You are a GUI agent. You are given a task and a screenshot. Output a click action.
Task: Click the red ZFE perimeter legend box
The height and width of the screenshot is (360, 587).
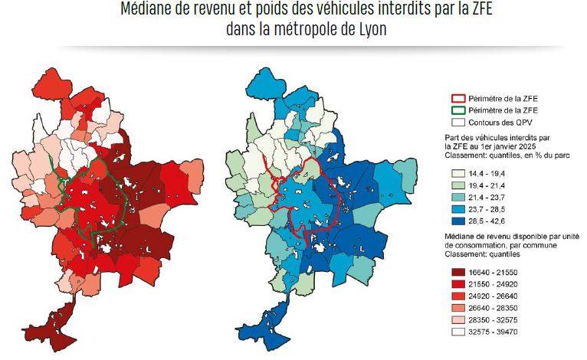(x=458, y=99)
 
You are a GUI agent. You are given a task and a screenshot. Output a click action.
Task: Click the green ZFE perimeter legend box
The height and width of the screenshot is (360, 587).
(x=458, y=110)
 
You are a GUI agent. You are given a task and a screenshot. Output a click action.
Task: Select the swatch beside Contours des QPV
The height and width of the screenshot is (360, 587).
(x=458, y=123)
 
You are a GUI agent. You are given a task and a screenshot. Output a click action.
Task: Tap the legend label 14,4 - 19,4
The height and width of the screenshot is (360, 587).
(x=487, y=174)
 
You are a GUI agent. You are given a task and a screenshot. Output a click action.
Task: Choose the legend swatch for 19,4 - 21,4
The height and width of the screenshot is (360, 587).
(x=458, y=185)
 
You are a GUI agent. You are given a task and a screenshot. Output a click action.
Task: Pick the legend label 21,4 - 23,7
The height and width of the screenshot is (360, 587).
(x=487, y=198)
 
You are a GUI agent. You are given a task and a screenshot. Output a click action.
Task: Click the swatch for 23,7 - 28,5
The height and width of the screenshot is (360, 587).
(x=458, y=209)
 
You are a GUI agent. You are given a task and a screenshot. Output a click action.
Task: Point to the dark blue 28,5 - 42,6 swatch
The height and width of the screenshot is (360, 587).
(x=458, y=221)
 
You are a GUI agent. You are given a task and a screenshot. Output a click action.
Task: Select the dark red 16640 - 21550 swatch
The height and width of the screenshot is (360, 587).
(x=458, y=273)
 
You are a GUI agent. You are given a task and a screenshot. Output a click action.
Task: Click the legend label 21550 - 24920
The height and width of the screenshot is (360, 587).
(x=493, y=284)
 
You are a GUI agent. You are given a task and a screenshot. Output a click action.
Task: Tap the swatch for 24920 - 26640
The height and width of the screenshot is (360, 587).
(x=458, y=296)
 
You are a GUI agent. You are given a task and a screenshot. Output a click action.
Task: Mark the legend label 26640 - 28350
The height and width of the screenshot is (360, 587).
(x=493, y=308)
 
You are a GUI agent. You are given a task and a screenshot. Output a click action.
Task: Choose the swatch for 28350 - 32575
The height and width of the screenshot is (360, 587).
(x=458, y=320)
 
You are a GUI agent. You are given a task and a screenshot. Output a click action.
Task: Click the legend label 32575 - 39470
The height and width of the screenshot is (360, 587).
(x=493, y=332)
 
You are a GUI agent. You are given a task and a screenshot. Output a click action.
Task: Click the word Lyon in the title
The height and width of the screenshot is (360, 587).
(x=372, y=29)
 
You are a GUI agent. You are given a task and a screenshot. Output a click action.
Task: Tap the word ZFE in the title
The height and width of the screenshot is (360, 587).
(x=480, y=8)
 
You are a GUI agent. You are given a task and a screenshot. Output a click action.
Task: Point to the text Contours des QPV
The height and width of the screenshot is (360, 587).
(x=500, y=123)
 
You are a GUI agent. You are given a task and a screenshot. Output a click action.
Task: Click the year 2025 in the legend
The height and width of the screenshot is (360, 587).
(x=528, y=146)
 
